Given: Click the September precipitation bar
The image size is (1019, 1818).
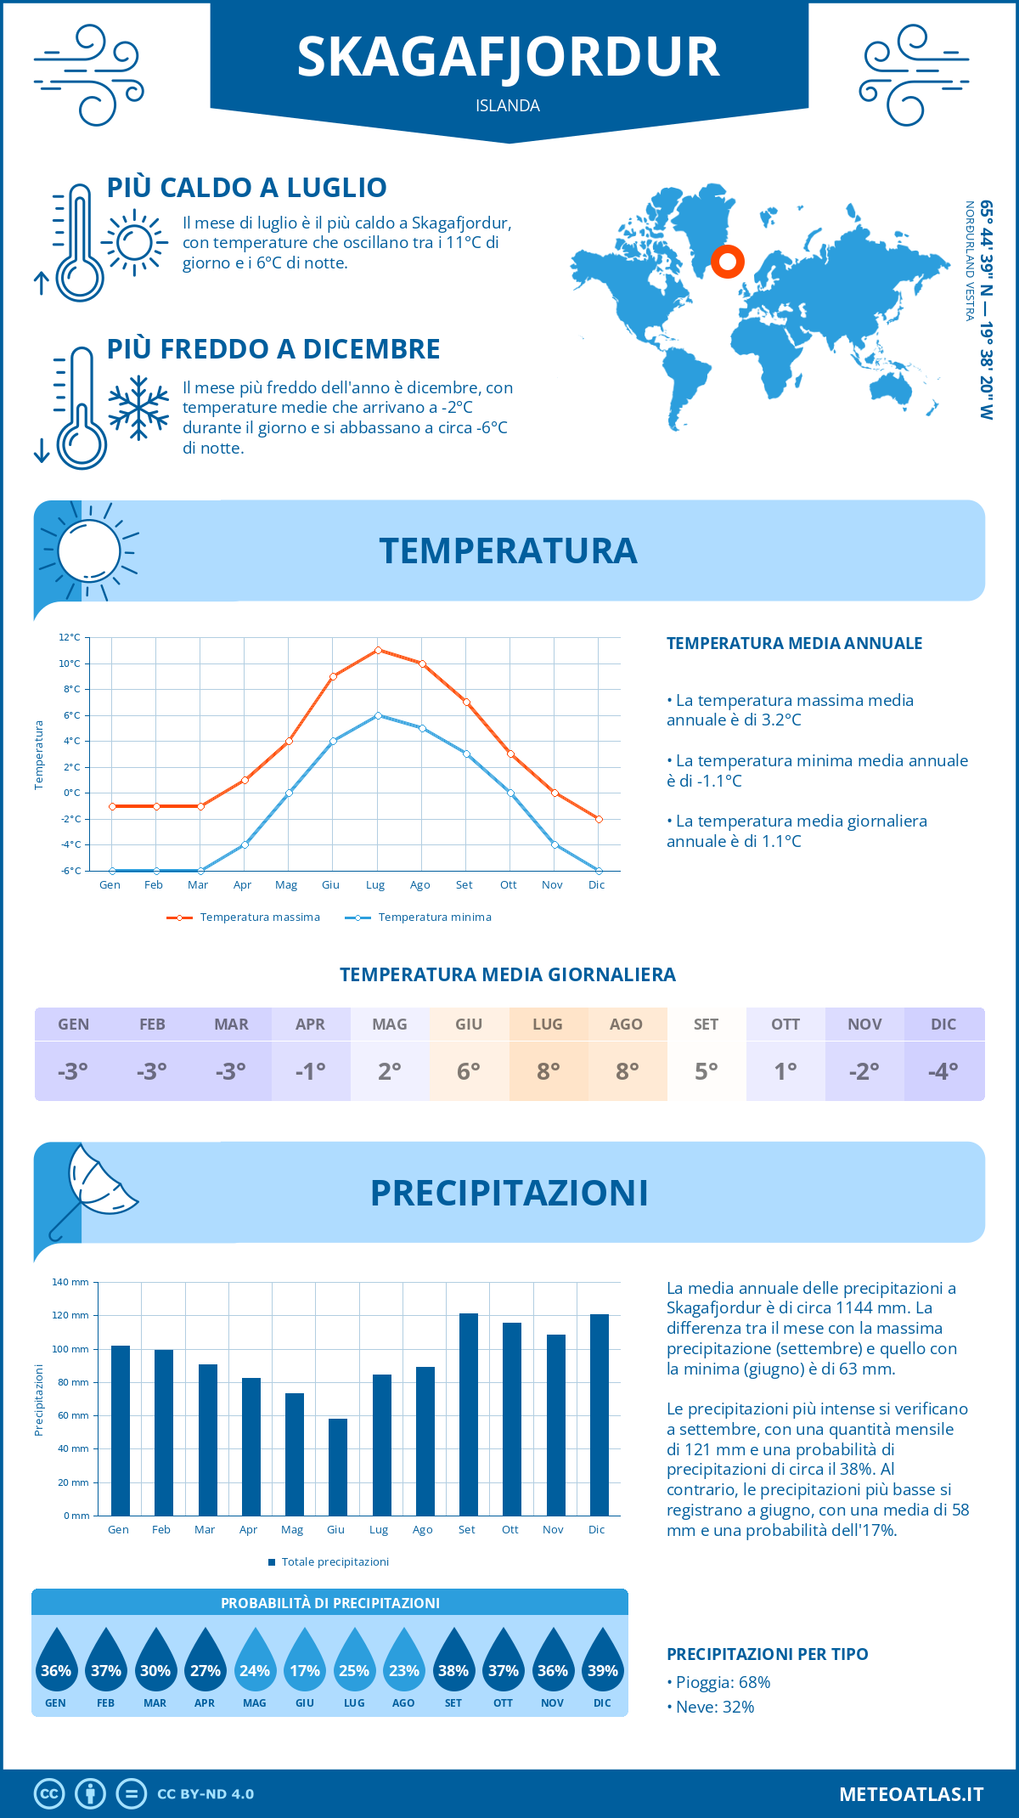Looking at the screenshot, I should (468, 1414).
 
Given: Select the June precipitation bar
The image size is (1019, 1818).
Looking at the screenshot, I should (337, 1467).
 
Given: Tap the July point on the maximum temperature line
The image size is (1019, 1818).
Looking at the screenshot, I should (378, 651).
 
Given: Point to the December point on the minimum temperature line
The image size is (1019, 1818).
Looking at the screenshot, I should (599, 871).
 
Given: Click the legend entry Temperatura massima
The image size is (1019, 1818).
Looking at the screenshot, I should (245, 917).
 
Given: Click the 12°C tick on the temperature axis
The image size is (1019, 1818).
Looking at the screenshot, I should (70, 637).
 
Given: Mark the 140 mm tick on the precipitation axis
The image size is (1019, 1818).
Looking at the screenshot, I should (70, 1282).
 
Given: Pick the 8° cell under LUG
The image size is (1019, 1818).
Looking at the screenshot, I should (548, 1071).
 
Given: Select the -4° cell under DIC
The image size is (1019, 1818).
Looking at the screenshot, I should (943, 1071).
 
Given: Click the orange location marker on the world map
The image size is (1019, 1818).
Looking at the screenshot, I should (728, 261).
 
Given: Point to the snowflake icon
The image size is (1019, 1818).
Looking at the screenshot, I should (138, 408).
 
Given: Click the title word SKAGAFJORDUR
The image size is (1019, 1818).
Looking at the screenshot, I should (508, 58).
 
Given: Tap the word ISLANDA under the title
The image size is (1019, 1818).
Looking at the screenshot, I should (508, 106).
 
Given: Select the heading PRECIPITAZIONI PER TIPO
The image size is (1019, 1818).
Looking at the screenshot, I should (767, 1654).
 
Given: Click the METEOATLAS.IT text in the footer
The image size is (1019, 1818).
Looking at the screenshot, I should (910, 1794).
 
